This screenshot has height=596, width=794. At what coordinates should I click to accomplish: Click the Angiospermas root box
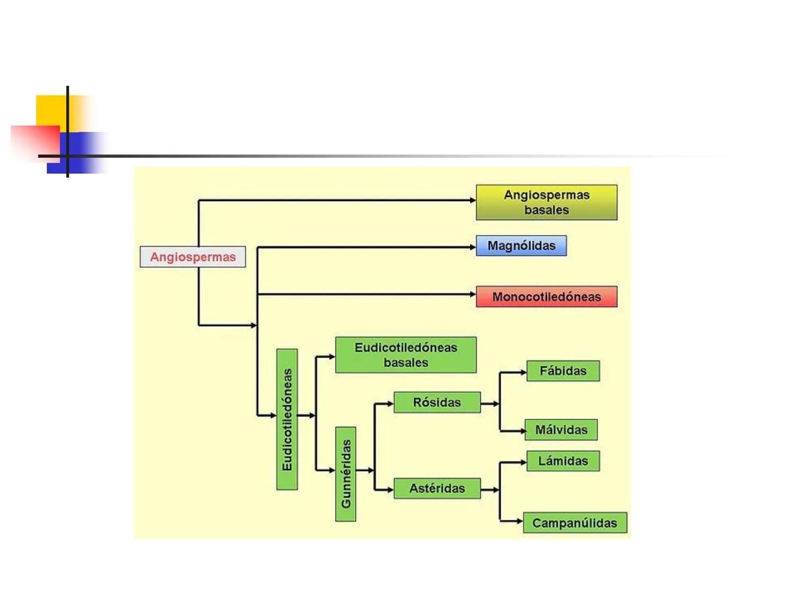pos(192,257)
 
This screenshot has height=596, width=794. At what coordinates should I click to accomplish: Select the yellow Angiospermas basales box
pos(546,202)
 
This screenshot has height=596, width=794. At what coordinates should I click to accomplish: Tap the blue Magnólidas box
pos(521,246)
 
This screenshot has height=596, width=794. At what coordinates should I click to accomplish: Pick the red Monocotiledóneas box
pos(546,297)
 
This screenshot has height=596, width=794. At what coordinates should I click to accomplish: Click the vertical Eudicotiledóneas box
pos(287,419)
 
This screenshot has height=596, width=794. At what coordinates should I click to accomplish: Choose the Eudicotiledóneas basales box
pos(405,355)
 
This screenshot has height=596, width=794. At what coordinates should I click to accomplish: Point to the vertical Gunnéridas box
pos(346,474)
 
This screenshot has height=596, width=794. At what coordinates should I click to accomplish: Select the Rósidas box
pos(437,403)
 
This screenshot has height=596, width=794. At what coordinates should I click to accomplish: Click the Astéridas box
pos(437,488)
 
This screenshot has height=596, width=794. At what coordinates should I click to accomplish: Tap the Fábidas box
pos(562,371)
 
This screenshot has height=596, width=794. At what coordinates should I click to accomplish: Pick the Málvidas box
pos(561,430)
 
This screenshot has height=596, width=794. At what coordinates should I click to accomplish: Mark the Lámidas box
pos(562,461)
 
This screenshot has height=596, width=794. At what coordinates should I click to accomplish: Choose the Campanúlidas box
pos(575,523)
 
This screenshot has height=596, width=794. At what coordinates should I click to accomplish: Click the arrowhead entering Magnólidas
pos(473,247)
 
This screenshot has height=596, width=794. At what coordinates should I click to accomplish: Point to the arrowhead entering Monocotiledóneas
pos(473,295)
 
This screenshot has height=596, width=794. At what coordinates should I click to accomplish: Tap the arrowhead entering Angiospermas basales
pos(473,200)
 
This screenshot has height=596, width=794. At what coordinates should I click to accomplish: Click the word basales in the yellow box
pos(546,210)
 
